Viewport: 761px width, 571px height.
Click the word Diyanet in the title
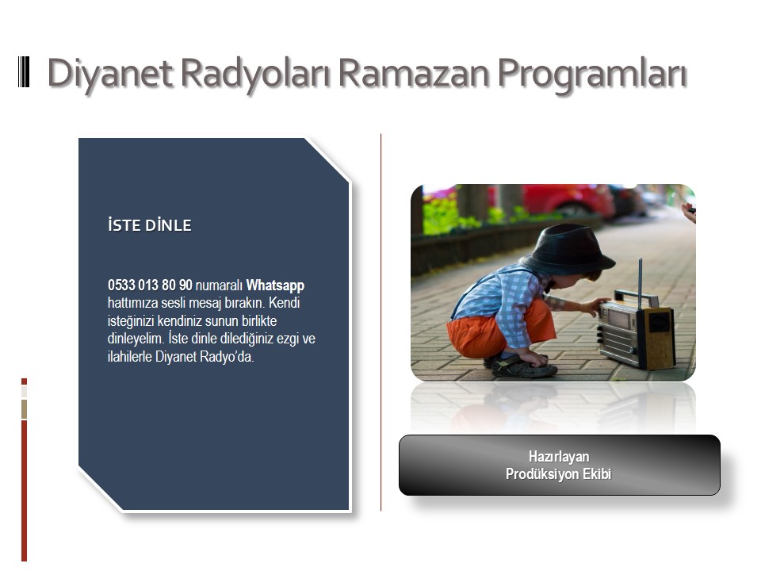pyautogui.click(x=111, y=74)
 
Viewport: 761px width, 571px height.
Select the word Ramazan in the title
pyautogui.click(x=414, y=73)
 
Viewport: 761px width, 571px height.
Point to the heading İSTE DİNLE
pyautogui.click(x=150, y=224)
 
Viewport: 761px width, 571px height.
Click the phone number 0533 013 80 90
pyautogui.click(x=150, y=285)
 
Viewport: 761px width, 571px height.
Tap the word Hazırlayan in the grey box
pyautogui.click(x=559, y=457)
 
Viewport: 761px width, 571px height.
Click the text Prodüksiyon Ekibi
pyautogui.click(x=559, y=474)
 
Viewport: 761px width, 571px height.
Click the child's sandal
pyautogui.click(x=522, y=366)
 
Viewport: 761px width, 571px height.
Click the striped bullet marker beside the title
pyautogui.click(x=24, y=72)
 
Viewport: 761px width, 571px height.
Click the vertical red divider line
pyautogui.click(x=381, y=323)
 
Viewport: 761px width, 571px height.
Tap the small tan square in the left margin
pyautogui.click(x=25, y=409)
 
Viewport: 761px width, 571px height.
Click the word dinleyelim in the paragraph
pyautogui.click(x=136, y=339)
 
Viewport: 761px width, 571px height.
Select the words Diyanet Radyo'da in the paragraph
pyautogui.click(x=205, y=357)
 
